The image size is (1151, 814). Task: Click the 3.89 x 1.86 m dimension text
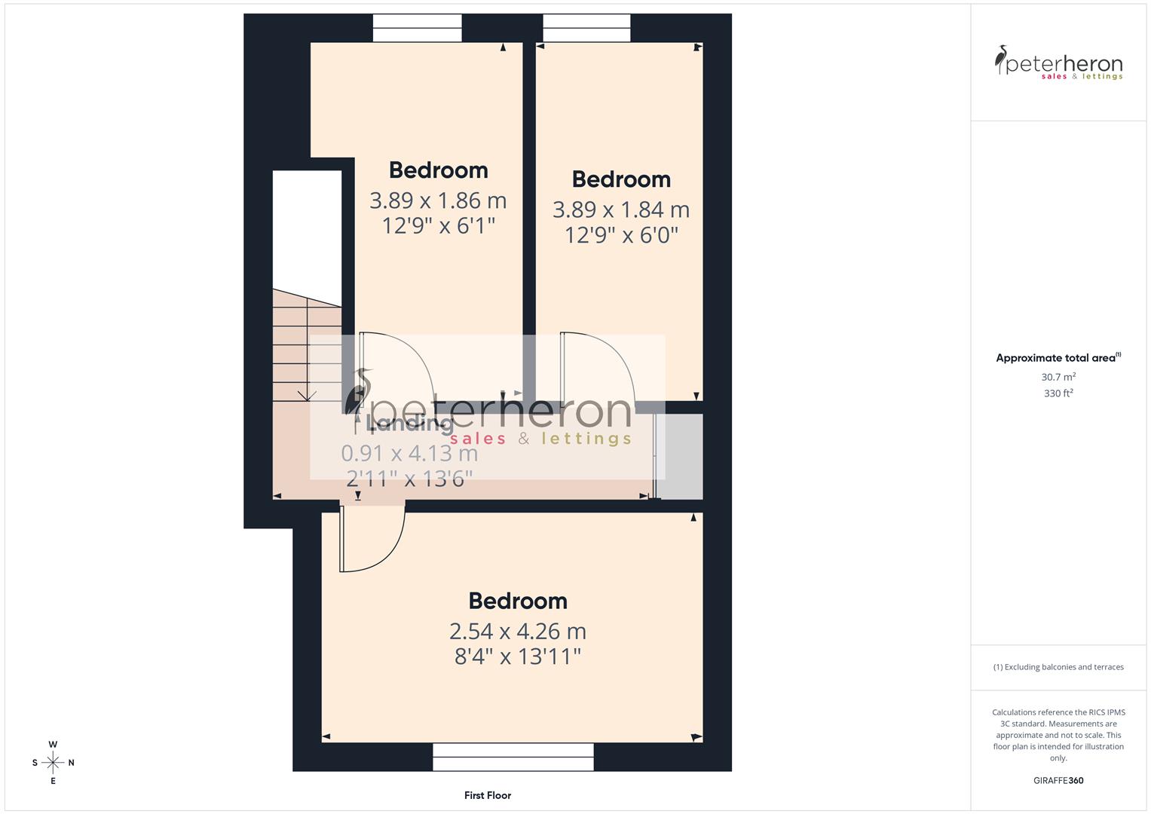click(438, 200)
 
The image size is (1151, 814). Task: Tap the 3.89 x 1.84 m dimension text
click(620, 210)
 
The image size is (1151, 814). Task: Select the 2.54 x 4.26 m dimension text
click(517, 631)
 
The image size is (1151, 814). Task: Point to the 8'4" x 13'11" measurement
click(517, 656)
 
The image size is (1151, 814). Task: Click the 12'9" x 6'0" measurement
click(621, 235)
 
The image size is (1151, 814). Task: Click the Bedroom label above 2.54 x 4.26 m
click(517, 601)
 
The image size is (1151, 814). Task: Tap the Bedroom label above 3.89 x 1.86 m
click(438, 170)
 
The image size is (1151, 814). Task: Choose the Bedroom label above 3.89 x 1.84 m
click(621, 179)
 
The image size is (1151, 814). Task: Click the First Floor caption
click(488, 795)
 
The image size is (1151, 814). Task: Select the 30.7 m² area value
click(1058, 377)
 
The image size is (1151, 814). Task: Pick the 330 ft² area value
click(1058, 393)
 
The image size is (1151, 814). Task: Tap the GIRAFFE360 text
click(1058, 781)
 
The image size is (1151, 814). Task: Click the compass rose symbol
click(53, 763)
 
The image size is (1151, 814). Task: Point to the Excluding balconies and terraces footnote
click(1058, 667)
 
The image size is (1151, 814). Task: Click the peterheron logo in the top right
click(1058, 63)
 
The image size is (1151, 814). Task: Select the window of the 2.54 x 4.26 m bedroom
click(513, 757)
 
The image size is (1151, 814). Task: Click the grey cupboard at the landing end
click(681, 456)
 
